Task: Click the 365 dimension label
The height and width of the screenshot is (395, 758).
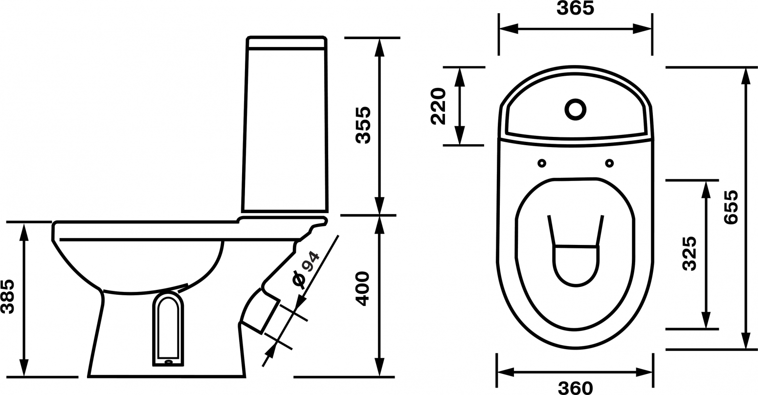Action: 575,8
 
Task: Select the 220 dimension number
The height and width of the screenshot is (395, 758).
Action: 439,106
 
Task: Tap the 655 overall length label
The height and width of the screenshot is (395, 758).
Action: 731,207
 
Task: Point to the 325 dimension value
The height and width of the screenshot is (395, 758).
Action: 690,254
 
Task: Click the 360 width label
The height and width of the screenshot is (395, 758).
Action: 575,388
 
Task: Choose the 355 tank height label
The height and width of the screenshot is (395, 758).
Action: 364,125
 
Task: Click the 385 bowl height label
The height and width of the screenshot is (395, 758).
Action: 7,296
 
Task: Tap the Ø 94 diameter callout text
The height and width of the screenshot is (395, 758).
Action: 305,270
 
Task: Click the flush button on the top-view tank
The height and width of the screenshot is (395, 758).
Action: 576,109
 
